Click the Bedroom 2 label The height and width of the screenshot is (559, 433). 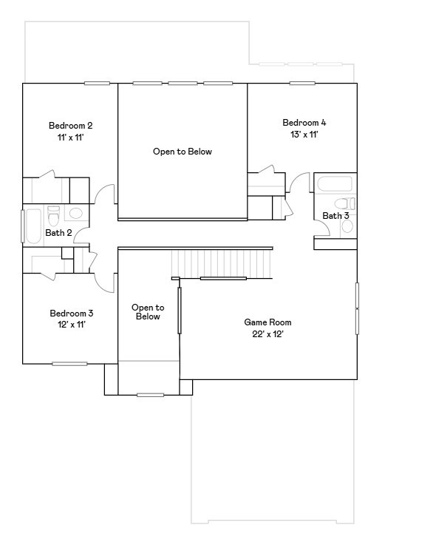pyautogui.click(x=71, y=125)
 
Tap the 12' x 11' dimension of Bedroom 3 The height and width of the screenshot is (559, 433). pyautogui.click(x=71, y=325)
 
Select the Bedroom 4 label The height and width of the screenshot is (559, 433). pyautogui.click(x=304, y=122)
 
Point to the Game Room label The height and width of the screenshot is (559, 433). pyautogui.click(x=267, y=322)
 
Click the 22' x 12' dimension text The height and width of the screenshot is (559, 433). pyautogui.click(x=267, y=334)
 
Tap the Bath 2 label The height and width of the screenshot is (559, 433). pyautogui.click(x=58, y=233)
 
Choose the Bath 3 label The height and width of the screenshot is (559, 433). pyautogui.click(x=335, y=216)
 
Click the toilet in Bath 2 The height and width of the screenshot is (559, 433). pyautogui.click(x=53, y=217)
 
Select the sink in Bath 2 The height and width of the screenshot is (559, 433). pyautogui.click(x=76, y=214)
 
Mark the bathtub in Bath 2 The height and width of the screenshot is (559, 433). pyautogui.click(x=33, y=226)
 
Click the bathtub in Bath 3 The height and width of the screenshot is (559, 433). pyautogui.click(x=335, y=183)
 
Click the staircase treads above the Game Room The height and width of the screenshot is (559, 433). pyautogui.click(x=222, y=262)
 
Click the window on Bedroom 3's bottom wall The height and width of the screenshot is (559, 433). pyautogui.click(x=69, y=363)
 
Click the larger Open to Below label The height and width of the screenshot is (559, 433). pyautogui.click(x=183, y=152)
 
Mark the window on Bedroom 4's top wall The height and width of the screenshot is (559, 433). pyautogui.click(x=303, y=83)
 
